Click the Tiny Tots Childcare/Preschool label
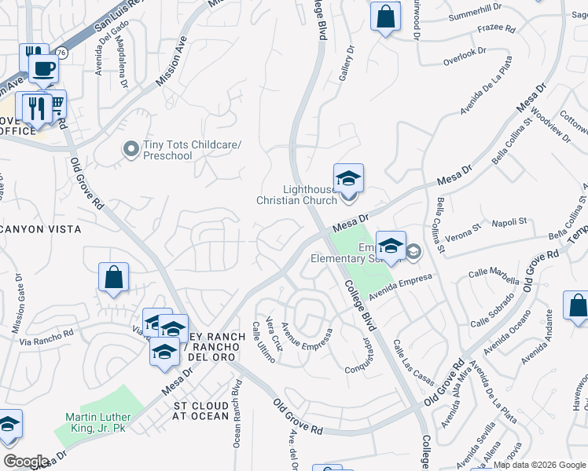[x=167, y=150]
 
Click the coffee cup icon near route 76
[x=44, y=68]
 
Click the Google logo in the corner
[x=26, y=461]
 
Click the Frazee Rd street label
[x=496, y=30]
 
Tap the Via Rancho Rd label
[x=46, y=337]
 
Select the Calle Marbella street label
[x=494, y=276]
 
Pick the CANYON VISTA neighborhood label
[x=42, y=229]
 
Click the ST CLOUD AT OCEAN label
[x=201, y=411]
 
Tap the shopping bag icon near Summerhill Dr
[x=385, y=16]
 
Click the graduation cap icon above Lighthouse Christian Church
[x=348, y=177]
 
